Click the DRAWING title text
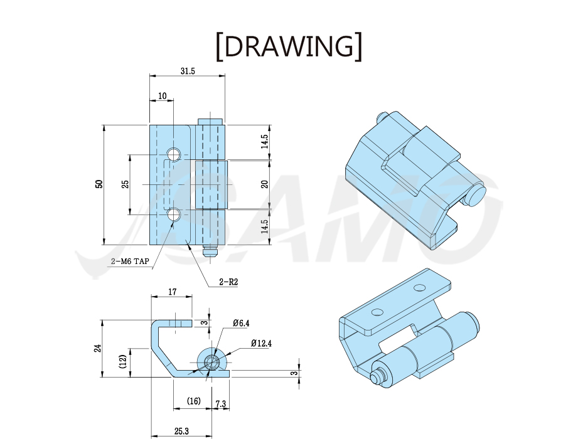pyautogui.click(x=289, y=46)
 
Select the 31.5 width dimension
pyautogui.click(x=188, y=71)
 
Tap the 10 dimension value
pyautogui.click(x=162, y=96)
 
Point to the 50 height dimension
pyautogui.click(x=99, y=184)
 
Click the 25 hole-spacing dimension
pyautogui.click(x=126, y=184)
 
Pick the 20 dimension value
pyautogui.click(x=265, y=184)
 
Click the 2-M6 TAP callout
pyautogui.click(x=130, y=262)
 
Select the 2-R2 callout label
pyautogui.click(x=228, y=282)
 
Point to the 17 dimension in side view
pyautogui.click(x=172, y=292)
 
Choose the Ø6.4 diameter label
pyautogui.click(x=241, y=324)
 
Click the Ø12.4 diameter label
pyautogui.click(x=261, y=344)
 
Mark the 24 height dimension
pyautogui.click(x=97, y=349)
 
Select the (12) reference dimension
pyautogui.click(x=123, y=362)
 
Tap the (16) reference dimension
pyautogui.click(x=193, y=401)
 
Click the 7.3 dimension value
pyautogui.click(x=220, y=404)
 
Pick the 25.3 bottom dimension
pyautogui.click(x=181, y=431)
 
